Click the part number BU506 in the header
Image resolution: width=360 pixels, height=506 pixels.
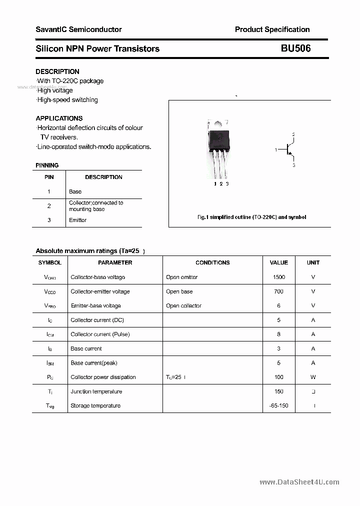coord(295,48)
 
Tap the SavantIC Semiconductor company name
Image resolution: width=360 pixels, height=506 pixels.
coord(78,29)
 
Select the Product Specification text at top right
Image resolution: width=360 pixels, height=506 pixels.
coord(272,29)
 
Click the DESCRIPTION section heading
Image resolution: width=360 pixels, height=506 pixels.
coord(57,71)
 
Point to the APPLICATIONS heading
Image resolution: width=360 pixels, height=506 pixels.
coord(59,118)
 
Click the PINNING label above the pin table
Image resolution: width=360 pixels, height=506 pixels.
coord(47,165)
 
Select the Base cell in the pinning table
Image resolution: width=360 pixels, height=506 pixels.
coord(75,191)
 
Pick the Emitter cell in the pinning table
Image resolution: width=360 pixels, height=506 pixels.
coord(77,220)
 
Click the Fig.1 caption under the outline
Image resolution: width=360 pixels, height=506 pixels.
coord(251,217)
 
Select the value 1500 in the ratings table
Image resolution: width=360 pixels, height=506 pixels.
coord(278,277)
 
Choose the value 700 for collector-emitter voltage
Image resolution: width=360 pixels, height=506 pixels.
coord(278,291)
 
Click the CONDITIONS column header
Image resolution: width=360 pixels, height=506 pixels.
coord(212,262)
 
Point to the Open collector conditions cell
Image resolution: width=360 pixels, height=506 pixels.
coord(183,305)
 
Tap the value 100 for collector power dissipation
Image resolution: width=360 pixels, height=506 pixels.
coord(278,377)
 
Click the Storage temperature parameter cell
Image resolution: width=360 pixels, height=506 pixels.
coord(95,405)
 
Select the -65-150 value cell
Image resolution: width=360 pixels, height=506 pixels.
coord(278,405)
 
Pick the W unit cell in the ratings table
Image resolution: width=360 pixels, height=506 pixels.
coord(313,377)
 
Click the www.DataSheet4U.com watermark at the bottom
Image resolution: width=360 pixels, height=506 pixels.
coord(299,482)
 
